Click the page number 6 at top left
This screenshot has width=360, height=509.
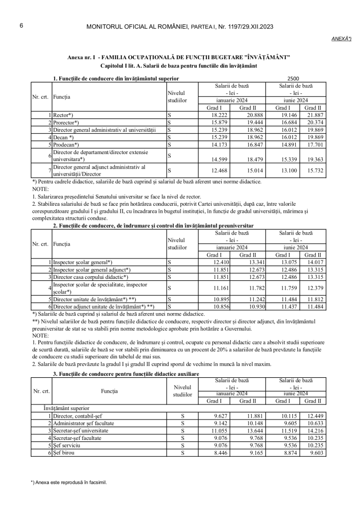tap(21, 26)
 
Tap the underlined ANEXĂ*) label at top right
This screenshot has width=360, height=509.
tap(342, 38)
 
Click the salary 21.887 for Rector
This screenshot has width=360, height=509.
tap(314, 115)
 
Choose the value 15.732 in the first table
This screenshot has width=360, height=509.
tap(314, 170)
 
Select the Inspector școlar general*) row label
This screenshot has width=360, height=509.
tap(83, 262)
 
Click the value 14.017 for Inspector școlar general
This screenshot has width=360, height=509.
tap(314, 262)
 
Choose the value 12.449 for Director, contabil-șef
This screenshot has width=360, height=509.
tap(314, 416)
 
